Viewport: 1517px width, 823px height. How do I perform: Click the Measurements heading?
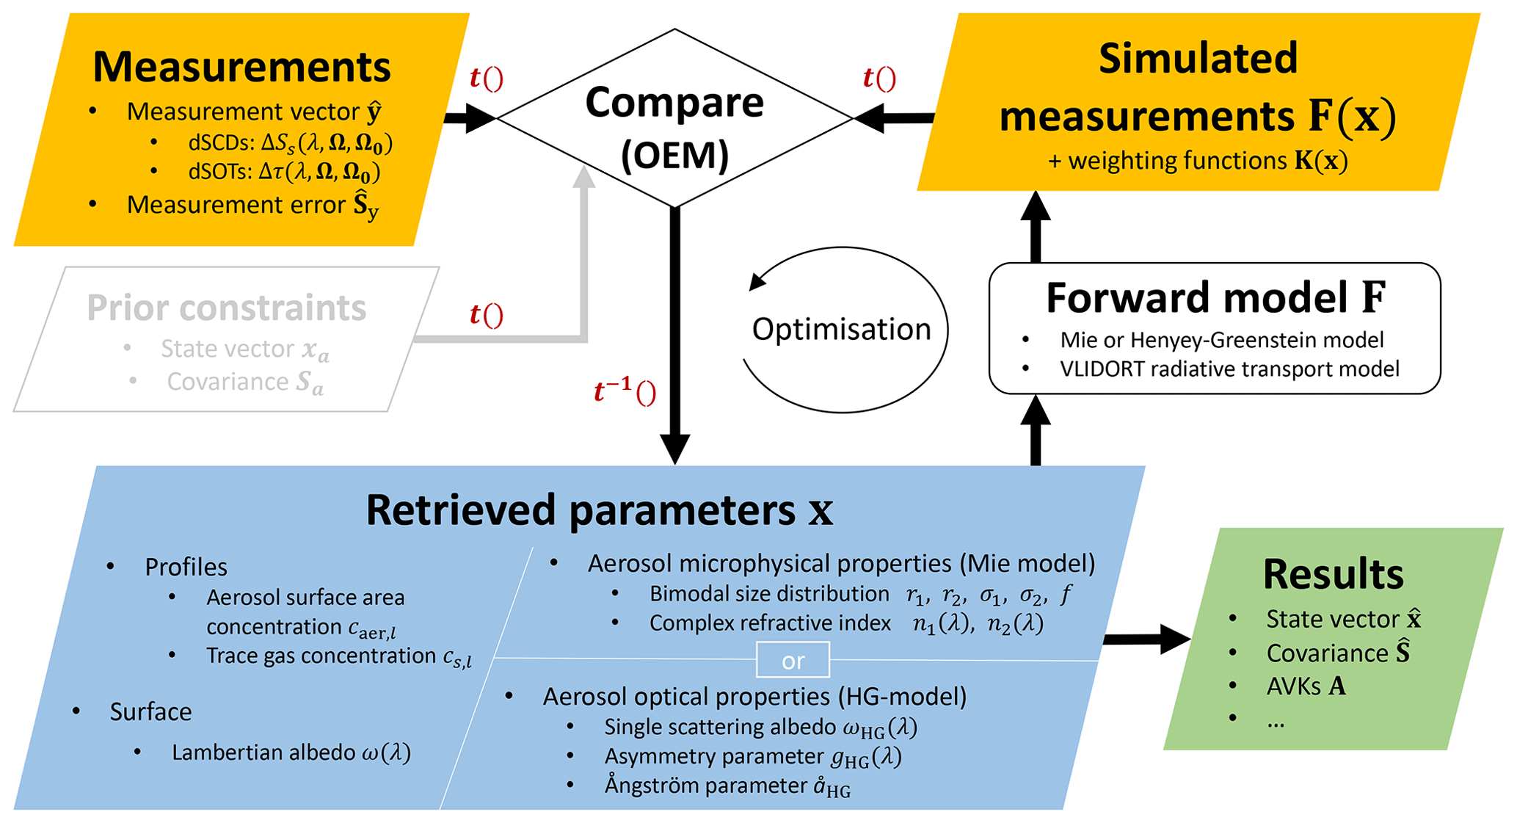click(241, 67)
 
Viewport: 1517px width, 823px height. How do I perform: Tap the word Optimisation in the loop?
click(841, 329)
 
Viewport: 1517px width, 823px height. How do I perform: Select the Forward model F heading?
click(1215, 297)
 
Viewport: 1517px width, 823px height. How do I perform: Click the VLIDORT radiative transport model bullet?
click(1229, 369)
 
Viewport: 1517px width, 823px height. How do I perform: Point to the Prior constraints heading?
click(226, 308)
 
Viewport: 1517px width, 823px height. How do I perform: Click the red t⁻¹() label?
click(625, 393)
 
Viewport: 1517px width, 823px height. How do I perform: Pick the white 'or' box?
click(793, 660)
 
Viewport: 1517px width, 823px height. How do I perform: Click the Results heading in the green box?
click(1333, 574)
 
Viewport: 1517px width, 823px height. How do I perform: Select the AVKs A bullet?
click(1306, 686)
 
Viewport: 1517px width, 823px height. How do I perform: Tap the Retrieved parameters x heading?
click(599, 510)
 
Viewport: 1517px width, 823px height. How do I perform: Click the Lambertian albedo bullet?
click(291, 753)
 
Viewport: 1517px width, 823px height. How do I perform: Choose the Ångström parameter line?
click(727, 786)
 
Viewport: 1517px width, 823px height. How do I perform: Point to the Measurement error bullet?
click(252, 206)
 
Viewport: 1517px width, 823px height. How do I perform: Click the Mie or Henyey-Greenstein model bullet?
click(1221, 340)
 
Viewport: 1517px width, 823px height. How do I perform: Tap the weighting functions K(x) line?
click(1198, 161)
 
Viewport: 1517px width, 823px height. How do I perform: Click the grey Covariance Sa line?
click(244, 383)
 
